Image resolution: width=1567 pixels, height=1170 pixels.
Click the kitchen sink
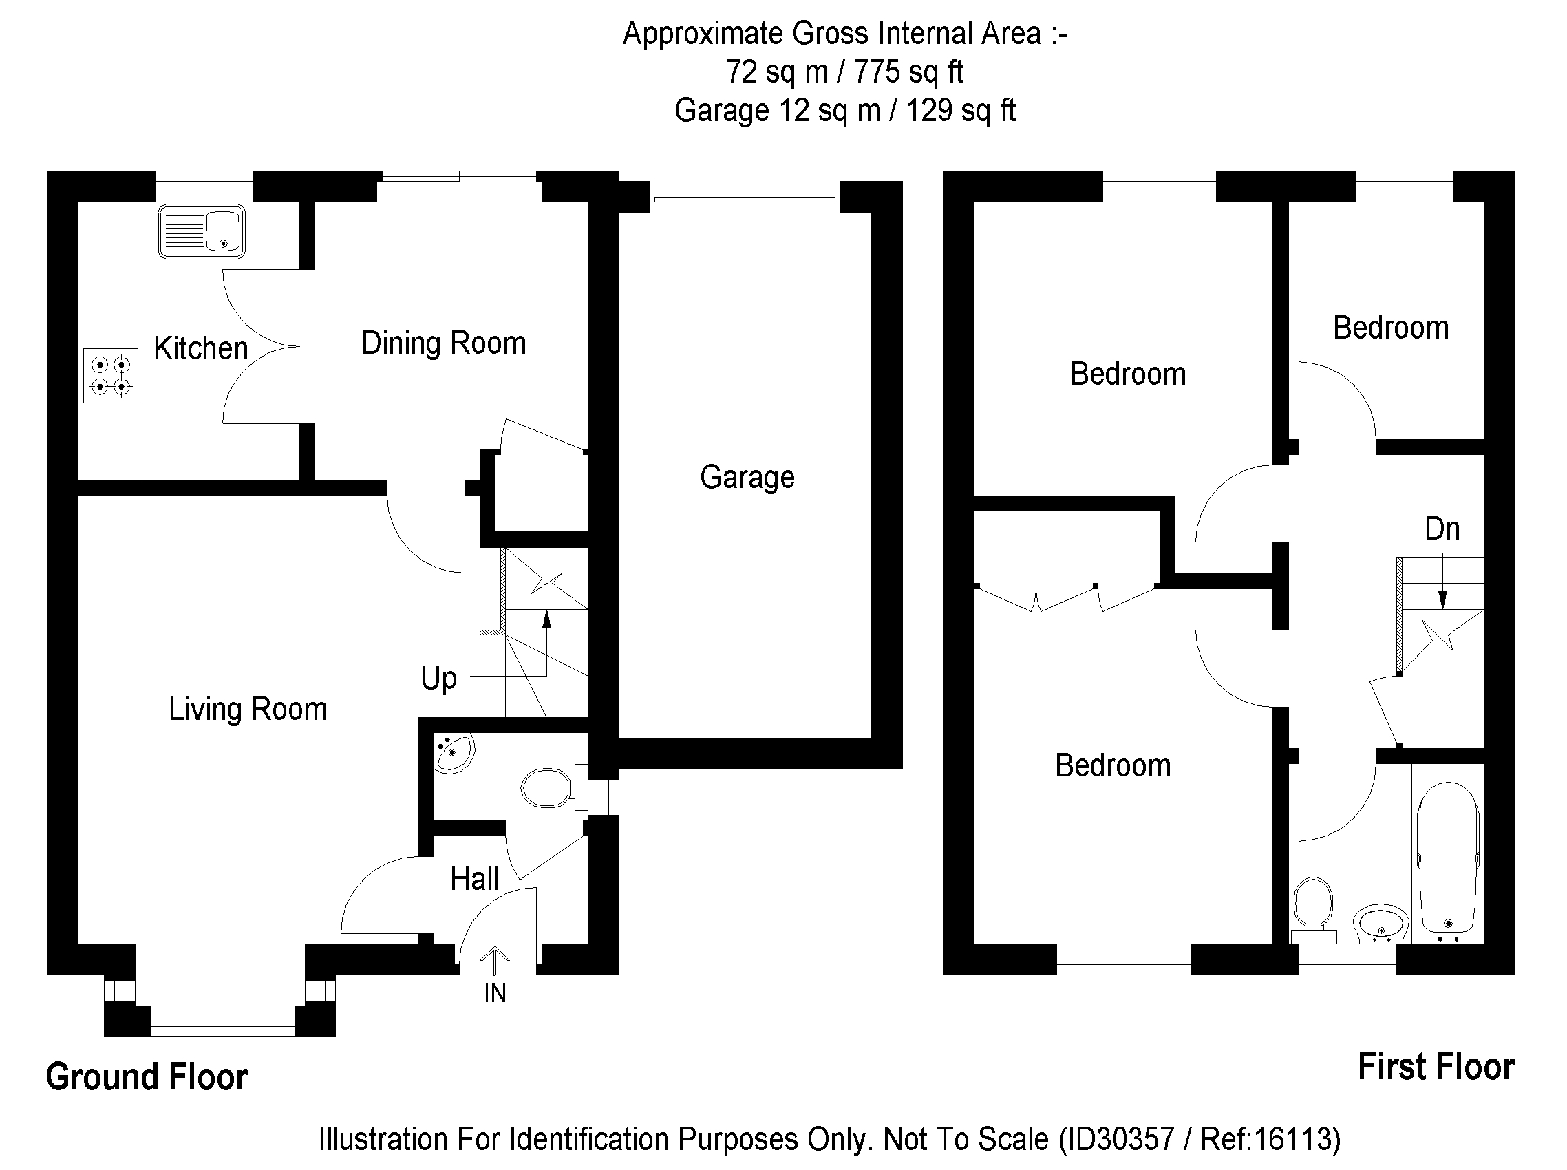click(x=202, y=231)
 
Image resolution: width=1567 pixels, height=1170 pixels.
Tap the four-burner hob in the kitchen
click(x=111, y=375)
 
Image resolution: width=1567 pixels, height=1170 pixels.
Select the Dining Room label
click(x=444, y=343)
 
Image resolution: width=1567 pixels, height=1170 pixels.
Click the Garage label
click(x=747, y=478)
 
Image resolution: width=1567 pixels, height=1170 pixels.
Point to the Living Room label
click(x=248, y=709)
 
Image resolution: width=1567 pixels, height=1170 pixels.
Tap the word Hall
click(x=474, y=879)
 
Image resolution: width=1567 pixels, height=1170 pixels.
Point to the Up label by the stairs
click(x=438, y=679)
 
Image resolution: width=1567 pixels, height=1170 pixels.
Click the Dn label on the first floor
click(x=1442, y=529)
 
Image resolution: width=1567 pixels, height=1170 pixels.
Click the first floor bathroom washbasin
click(x=1381, y=924)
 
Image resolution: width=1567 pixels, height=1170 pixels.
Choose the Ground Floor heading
click(x=147, y=1077)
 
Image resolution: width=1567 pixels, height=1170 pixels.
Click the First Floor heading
click(x=1436, y=1067)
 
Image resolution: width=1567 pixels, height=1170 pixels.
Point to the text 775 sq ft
click(x=908, y=72)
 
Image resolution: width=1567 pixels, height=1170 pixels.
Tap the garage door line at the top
click(x=745, y=200)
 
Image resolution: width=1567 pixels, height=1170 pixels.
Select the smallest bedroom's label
click(x=1391, y=328)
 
